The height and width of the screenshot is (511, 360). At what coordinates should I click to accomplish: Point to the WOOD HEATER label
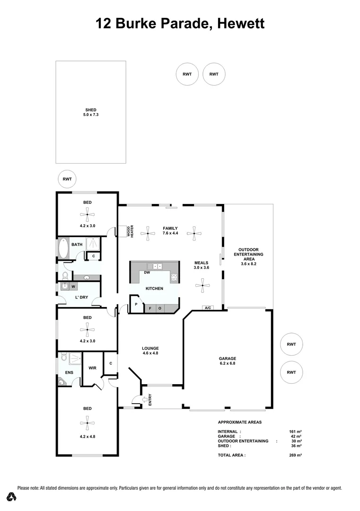coord(129,231)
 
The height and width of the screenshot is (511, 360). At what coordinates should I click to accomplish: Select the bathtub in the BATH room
coord(63,248)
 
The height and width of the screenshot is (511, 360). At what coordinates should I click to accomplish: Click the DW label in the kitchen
coord(147,273)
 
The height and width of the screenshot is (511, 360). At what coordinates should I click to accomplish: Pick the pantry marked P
coord(136,304)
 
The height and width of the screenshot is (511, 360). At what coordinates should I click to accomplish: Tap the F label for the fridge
coord(150,308)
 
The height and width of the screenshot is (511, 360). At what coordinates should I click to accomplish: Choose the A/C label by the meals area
coord(207,308)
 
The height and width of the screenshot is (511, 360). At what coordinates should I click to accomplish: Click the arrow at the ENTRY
coord(136,400)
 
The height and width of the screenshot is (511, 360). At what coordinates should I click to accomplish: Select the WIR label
coord(92,367)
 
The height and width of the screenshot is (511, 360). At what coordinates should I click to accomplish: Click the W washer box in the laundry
coord(73,286)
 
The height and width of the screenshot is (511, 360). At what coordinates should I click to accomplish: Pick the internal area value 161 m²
coord(295,432)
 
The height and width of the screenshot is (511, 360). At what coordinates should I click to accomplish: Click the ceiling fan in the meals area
coord(202,285)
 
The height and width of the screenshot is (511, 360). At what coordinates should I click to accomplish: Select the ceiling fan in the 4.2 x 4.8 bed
coord(87,423)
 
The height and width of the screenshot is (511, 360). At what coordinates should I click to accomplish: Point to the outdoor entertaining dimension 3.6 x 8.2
coord(248,264)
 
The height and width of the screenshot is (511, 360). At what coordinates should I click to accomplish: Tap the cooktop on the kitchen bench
coord(174,277)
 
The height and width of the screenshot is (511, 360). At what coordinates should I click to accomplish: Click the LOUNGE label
coord(150,348)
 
